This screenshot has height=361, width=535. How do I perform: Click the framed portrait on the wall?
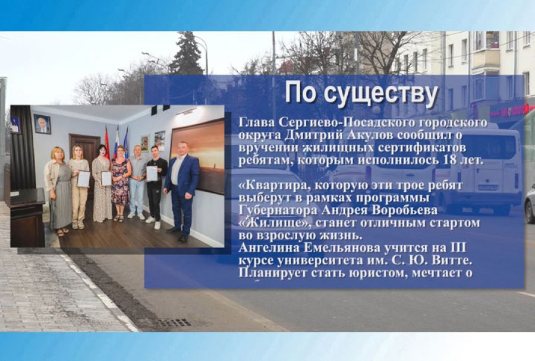tap(42, 124)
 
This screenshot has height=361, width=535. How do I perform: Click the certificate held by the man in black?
tap(152, 173)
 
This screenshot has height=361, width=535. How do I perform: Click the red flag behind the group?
tap(108, 142)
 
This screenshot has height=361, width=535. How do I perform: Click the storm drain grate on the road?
tap(175, 322)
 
